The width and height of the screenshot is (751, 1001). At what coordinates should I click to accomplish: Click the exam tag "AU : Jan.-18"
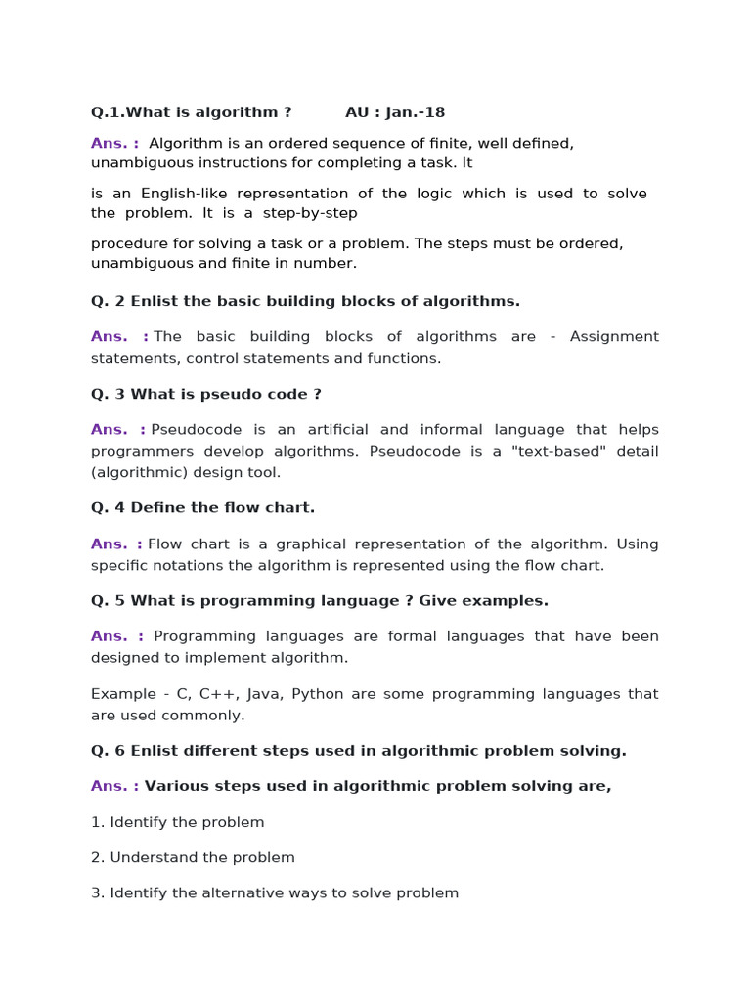point(395,112)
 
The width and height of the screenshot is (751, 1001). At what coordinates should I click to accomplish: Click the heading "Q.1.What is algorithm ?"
point(192,112)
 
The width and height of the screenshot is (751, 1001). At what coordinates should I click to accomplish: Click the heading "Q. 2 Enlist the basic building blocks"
point(305,301)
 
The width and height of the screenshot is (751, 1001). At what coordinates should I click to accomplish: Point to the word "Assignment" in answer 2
point(614,337)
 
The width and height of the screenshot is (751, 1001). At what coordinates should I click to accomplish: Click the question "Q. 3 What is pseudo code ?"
point(206,394)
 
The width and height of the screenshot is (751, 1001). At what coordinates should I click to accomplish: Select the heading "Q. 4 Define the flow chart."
point(203,507)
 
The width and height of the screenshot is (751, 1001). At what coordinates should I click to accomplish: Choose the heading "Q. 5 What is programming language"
point(320,600)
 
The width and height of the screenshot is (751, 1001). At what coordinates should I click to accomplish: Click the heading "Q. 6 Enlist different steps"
point(358,751)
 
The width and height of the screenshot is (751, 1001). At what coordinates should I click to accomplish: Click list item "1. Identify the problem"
point(178,822)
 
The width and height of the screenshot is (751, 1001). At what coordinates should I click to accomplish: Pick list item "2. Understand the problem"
point(193,857)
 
